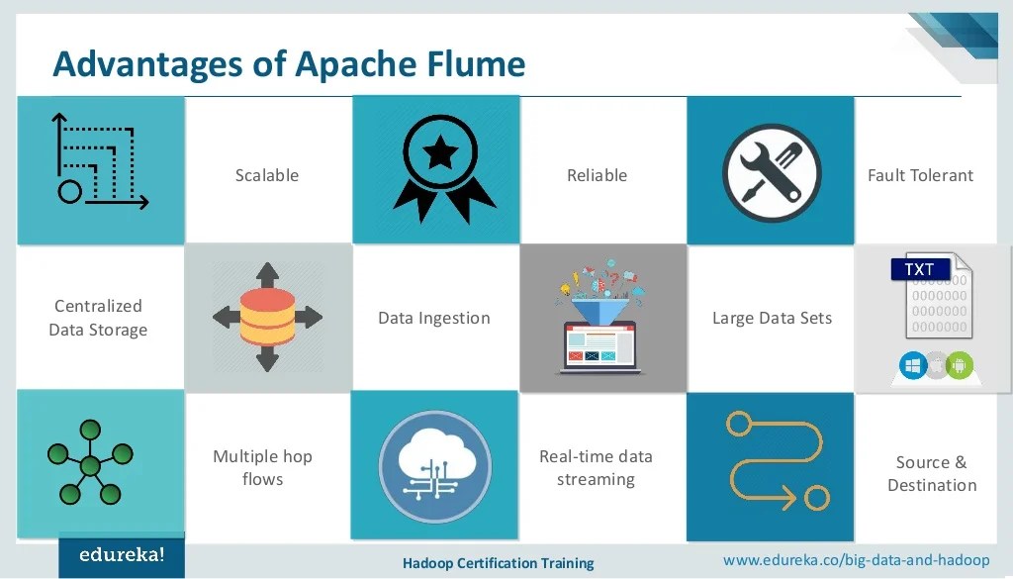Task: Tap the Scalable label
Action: (x=267, y=175)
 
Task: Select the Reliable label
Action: (x=597, y=175)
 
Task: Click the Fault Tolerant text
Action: (x=920, y=175)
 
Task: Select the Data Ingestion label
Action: (x=434, y=318)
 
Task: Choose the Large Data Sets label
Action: (x=772, y=318)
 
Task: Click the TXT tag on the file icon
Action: (x=919, y=268)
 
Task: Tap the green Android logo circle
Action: (x=959, y=365)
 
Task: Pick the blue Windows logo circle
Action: (x=912, y=365)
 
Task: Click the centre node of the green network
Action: (x=91, y=465)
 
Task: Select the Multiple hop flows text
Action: (x=262, y=467)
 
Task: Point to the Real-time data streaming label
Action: (x=596, y=467)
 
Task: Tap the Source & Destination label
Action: (x=932, y=473)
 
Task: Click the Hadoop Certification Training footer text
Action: (x=498, y=563)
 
